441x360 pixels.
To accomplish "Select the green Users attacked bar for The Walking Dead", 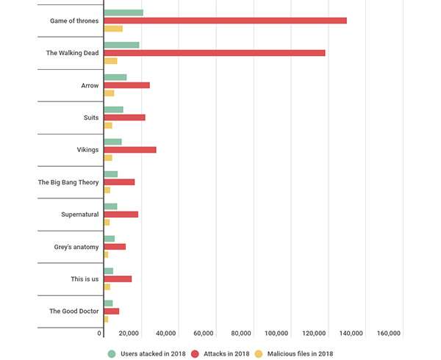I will [121, 45].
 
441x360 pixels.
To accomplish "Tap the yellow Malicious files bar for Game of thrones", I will [113, 29].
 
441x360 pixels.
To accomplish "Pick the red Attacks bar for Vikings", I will [130, 150].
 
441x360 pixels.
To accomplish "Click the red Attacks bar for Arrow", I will [126, 85].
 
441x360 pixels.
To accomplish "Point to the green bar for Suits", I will [113, 109].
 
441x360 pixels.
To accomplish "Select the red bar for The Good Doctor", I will [111, 312].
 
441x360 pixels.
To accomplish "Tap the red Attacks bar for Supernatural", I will [121, 215].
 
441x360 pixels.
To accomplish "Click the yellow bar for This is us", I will [107, 287].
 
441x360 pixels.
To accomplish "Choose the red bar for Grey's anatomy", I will [115, 247].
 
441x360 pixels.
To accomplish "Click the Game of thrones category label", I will [74, 21].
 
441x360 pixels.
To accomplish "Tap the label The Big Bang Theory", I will [68, 182].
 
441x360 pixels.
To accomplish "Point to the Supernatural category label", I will [80, 215].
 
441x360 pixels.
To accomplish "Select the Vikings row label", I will [87, 150].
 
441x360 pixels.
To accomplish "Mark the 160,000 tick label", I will [389, 334].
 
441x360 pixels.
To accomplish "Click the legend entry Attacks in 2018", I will [225, 353].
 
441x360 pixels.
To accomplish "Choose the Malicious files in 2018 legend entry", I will [300, 353].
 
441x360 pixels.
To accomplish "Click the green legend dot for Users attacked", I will [112, 353].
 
